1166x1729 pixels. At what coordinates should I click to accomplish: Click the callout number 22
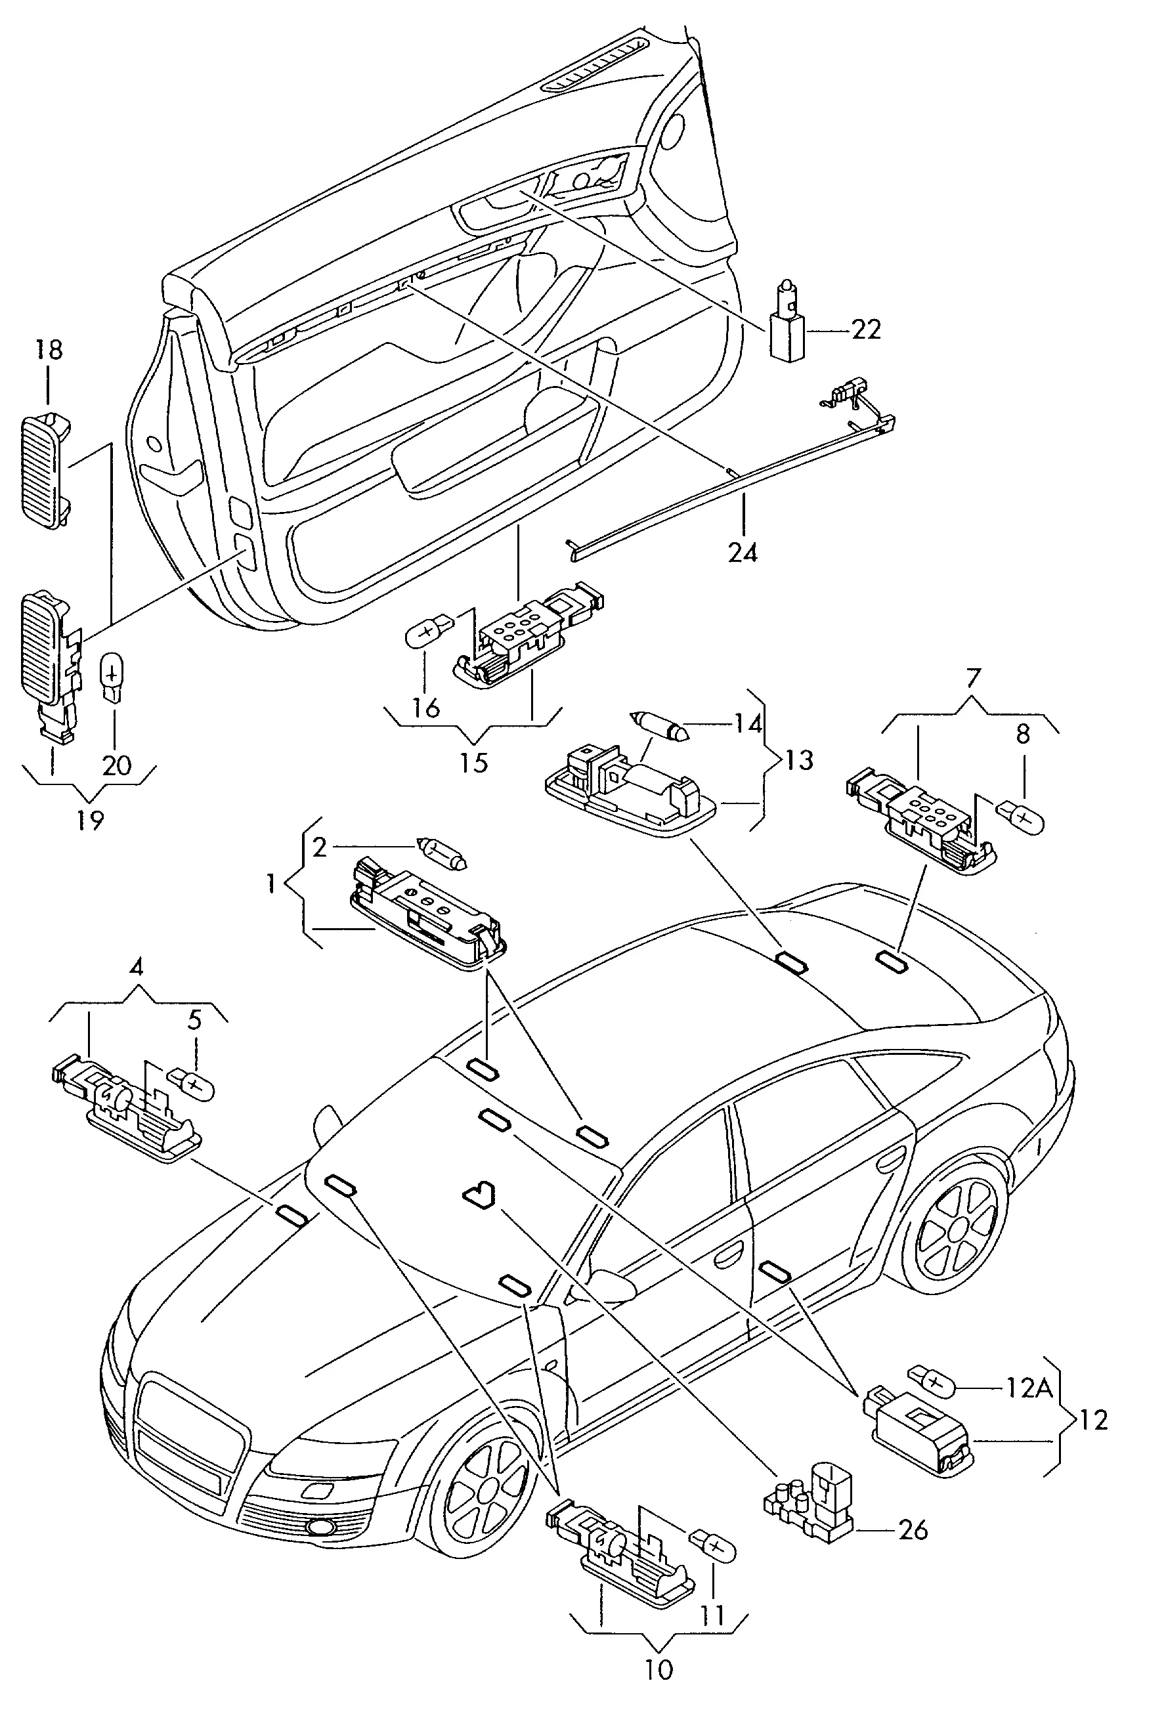(x=865, y=329)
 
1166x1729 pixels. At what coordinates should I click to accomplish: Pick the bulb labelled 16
(x=428, y=634)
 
